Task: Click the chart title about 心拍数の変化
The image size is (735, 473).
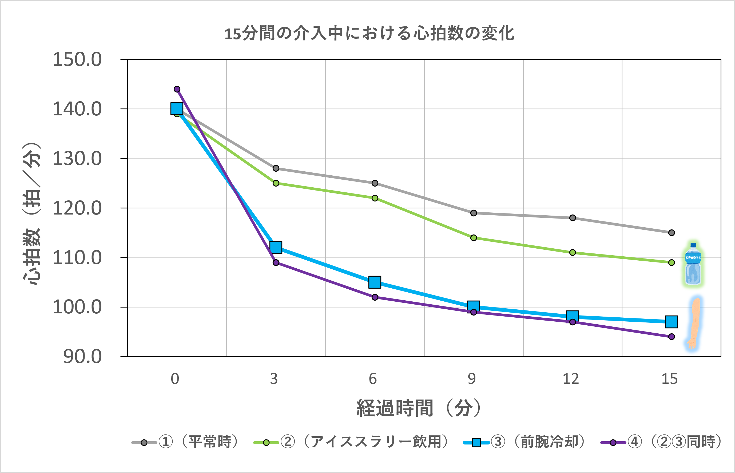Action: (x=369, y=34)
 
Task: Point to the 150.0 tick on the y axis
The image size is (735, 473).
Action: (x=77, y=59)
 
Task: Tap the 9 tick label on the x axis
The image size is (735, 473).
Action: (x=472, y=379)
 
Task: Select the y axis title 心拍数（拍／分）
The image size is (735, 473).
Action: (x=32, y=214)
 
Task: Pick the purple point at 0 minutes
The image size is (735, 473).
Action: (x=177, y=89)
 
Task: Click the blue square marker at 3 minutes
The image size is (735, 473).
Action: (x=276, y=247)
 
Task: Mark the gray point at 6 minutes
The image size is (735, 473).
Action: (x=375, y=183)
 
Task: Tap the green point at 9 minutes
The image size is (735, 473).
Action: (x=474, y=238)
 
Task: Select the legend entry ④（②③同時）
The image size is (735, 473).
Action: (x=661, y=442)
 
